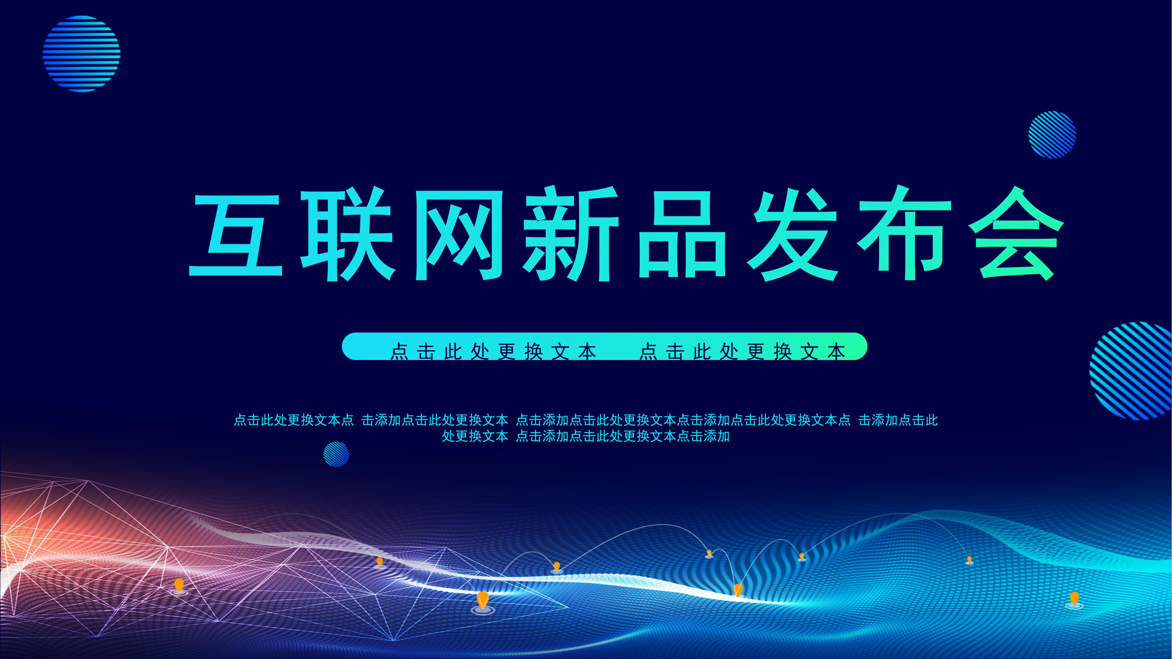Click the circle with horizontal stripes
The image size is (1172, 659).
(x=82, y=54)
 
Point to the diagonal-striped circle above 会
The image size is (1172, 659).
(x=1052, y=135)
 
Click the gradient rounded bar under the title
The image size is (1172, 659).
(x=604, y=347)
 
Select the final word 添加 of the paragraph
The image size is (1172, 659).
(x=716, y=436)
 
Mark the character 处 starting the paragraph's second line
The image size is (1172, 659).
(x=449, y=436)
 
